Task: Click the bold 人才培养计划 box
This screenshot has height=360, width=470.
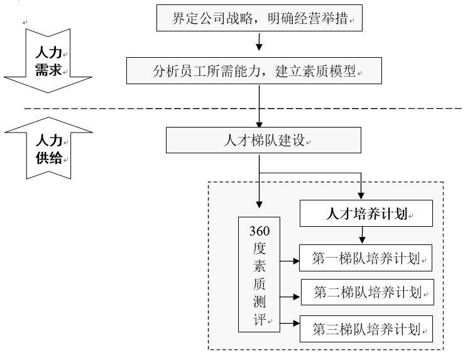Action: click(x=366, y=214)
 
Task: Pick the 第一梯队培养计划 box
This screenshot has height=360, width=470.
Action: click(x=366, y=258)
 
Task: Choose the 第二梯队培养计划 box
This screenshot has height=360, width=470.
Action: click(x=368, y=292)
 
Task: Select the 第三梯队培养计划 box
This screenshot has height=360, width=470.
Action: click(x=366, y=328)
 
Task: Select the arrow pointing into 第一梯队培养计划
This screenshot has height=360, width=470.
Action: click(x=289, y=258)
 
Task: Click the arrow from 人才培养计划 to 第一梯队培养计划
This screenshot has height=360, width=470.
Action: click(x=362, y=236)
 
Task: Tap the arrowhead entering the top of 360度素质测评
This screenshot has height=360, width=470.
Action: click(x=260, y=205)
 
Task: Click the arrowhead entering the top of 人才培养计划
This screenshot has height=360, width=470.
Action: click(x=362, y=195)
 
